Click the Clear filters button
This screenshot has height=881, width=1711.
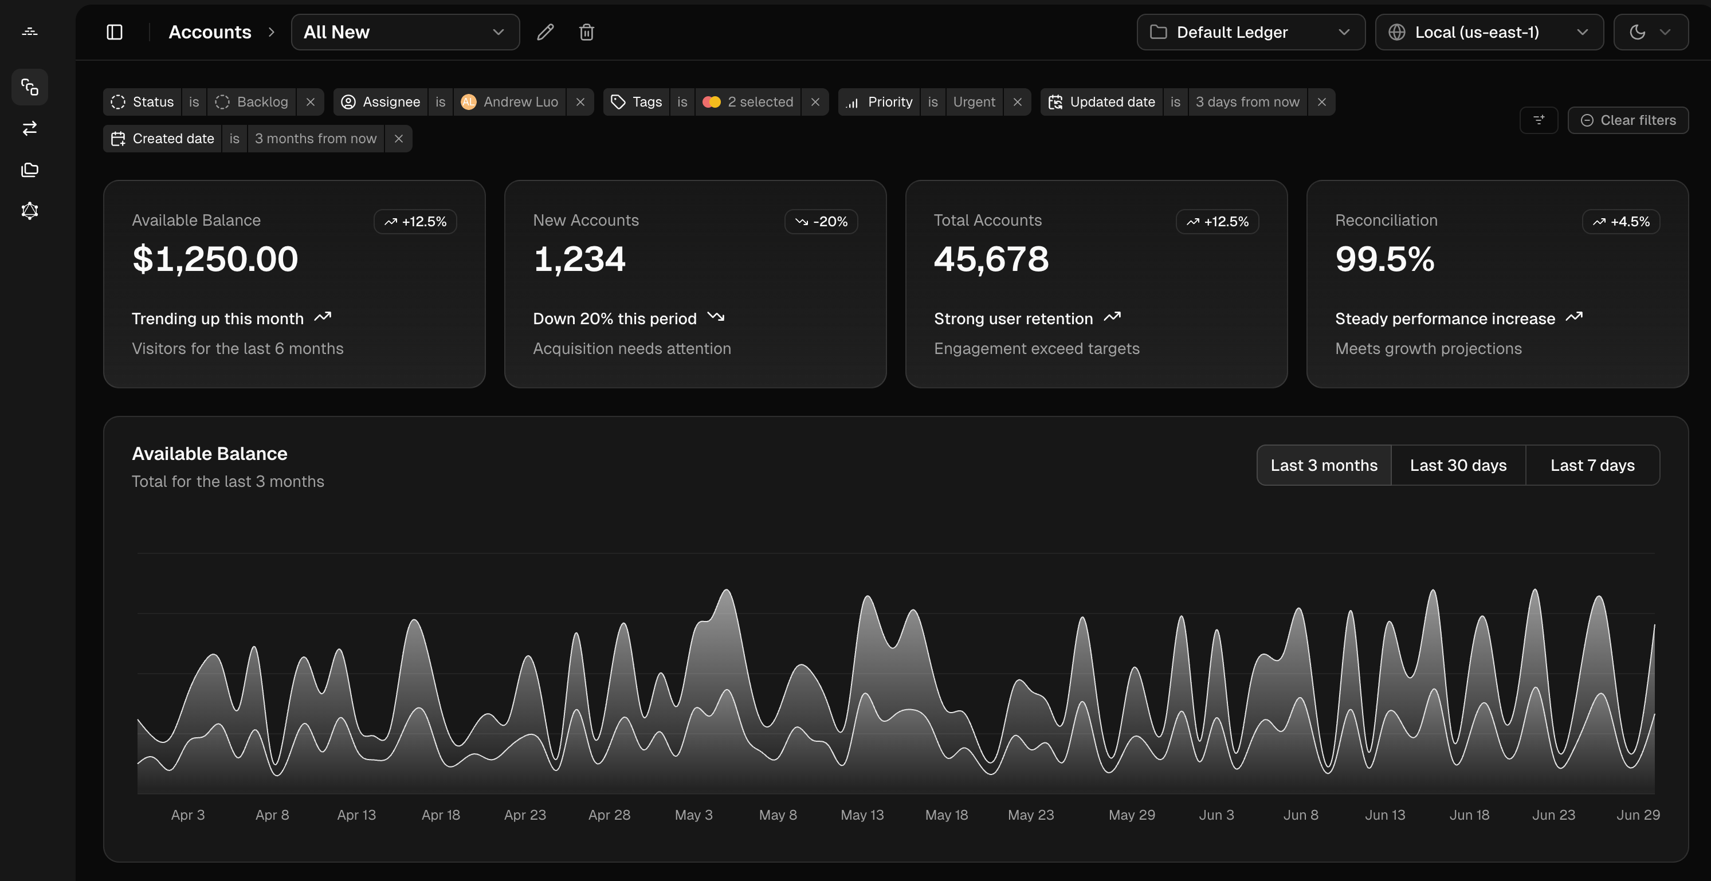tap(1628, 120)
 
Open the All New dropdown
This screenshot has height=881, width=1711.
tap(405, 32)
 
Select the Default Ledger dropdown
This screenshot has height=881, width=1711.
tap(1250, 32)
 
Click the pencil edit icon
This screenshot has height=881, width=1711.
tap(546, 32)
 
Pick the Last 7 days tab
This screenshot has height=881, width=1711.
tap(1592, 465)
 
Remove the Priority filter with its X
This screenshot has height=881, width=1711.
tap(1017, 102)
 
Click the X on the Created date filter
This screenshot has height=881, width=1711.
tap(398, 139)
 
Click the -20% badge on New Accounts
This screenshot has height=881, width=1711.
tap(821, 222)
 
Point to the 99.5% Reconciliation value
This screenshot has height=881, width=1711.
tap(1384, 259)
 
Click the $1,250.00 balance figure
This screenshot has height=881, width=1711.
tap(215, 259)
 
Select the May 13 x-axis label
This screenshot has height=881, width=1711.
tap(862, 815)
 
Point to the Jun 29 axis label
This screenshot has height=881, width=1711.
tap(1637, 815)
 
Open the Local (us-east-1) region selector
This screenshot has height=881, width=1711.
tap(1489, 32)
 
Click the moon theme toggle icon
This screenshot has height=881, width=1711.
tap(1637, 32)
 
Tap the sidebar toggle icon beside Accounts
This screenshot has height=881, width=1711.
tap(114, 32)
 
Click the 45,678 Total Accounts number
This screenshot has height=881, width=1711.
tap(991, 259)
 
